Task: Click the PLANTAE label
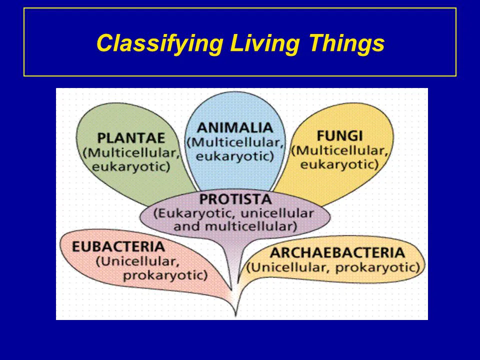[131, 137]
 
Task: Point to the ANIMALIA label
[234, 127]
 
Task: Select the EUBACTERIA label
[118, 246]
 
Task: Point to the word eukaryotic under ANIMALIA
[234, 156]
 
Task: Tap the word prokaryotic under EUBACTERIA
[165, 274]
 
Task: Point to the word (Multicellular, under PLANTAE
[132, 152]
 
